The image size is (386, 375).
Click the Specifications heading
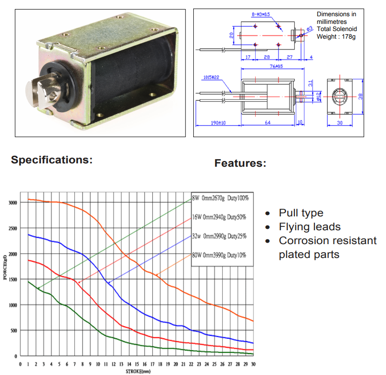click(52, 160)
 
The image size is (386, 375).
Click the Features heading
click(240, 163)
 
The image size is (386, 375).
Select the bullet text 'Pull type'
click(301, 213)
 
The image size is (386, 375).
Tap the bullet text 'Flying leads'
click(310, 227)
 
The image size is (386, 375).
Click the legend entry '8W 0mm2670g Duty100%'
click(220, 198)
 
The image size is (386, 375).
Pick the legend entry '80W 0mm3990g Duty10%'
click(219, 255)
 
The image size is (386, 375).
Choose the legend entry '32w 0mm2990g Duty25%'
click(219, 236)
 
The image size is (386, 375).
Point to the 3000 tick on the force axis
click(13, 203)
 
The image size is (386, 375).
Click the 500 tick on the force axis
click(14, 331)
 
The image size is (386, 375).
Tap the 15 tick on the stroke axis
click(137, 364)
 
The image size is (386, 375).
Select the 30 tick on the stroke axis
click(253, 364)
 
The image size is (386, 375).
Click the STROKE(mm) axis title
click(138, 371)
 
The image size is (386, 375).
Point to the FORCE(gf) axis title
click(5, 267)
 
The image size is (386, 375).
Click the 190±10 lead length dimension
click(218, 123)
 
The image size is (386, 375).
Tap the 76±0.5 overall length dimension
click(276, 66)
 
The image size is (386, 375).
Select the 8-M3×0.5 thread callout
click(261, 14)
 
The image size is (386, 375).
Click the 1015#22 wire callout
click(211, 77)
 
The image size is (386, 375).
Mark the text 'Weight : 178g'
click(336, 37)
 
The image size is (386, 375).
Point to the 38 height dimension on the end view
click(360, 96)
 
